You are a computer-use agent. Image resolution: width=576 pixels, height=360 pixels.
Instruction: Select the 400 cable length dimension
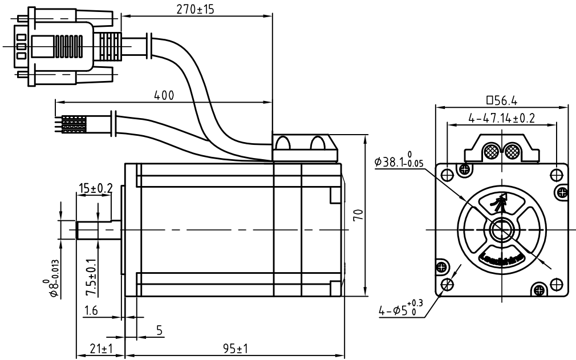pyautogui.click(x=164, y=95)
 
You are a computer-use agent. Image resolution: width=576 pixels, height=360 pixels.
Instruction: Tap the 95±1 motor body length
pyautogui.click(x=232, y=347)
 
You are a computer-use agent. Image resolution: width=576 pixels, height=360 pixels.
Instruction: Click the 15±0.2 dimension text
pyautogui.click(x=95, y=188)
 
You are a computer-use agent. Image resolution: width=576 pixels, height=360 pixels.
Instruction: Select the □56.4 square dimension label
pyautogui.click(x=502, y=100)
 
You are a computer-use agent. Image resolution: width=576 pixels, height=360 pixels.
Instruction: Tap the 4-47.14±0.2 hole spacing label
pyautogui.click(x=502, y=118)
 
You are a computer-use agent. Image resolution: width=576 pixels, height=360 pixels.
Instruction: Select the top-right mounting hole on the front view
pyautogui.click(x=558, y=173)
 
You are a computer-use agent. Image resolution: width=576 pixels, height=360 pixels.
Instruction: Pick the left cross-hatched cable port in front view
pyautogui.click(x=490, y=152)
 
